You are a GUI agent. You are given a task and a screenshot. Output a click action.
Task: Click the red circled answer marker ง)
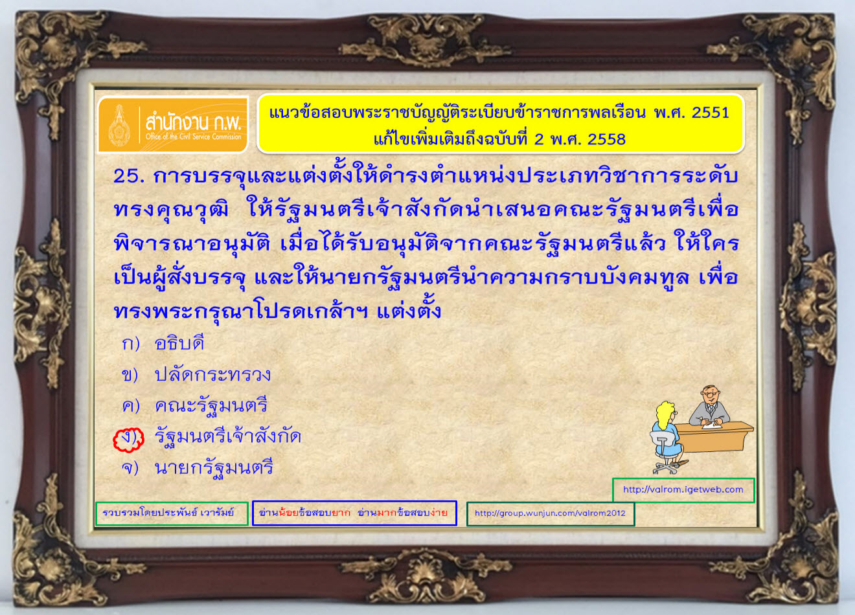pyautogui.click(x=129, y=439)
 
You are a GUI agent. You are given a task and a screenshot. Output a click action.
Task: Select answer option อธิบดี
pyautogui.click(x=179, y=342)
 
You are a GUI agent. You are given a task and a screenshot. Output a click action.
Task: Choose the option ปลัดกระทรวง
pyautogui.click(x=212, y=374)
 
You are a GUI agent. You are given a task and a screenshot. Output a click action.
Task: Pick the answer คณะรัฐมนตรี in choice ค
pyautogui.click(x=211, y=407)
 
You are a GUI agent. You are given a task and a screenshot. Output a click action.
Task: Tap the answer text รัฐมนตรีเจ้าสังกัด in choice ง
pyautogui.click(x=228, y=436)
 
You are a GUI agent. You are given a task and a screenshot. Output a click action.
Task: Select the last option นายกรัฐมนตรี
pyautogui.click(x=214, y=468)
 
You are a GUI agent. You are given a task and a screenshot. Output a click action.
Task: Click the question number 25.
pyautogui.click(x=129, y=176)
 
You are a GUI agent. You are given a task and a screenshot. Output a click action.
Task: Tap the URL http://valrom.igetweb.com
pyautogui.click(x=683, y=489)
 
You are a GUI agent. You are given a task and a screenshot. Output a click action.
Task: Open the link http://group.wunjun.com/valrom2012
pyautogui.click(x=550, y=513)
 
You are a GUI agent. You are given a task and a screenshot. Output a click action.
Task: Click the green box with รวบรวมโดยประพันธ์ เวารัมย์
pyautogui.click(x=172, y=513)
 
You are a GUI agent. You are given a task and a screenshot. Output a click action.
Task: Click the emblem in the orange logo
pyautogui.click(x=119, y=125)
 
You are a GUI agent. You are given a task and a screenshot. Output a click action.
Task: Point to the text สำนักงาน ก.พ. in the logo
pyautogui.click(x=193, y=122)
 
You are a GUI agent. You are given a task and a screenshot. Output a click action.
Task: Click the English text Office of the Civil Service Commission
pyautogui.click(x=193, y=137)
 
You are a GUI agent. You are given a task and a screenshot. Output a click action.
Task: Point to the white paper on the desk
pyautogui.click(x=711, y=425)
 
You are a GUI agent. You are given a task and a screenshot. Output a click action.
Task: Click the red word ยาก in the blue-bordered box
pyautogui.click(x=341, y=512)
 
